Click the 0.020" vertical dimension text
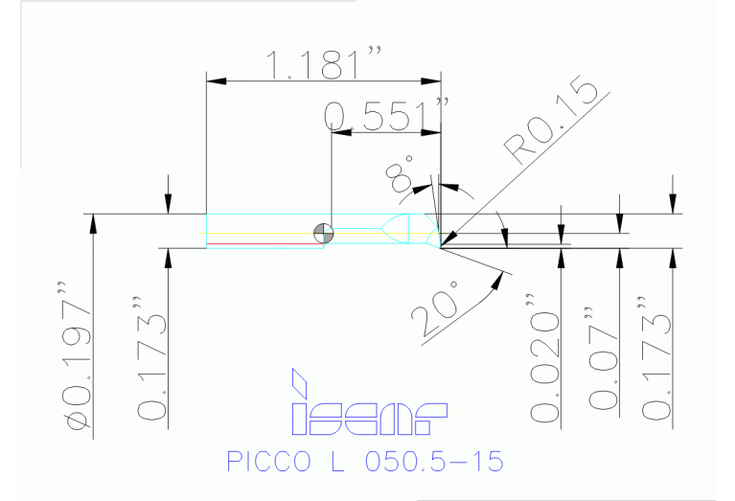(x=544, y=367)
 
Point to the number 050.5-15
(x=433, y=461)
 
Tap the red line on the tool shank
(x=263, y=244)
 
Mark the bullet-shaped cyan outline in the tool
(x=396, y=229)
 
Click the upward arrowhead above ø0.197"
(x=94, y=221)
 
